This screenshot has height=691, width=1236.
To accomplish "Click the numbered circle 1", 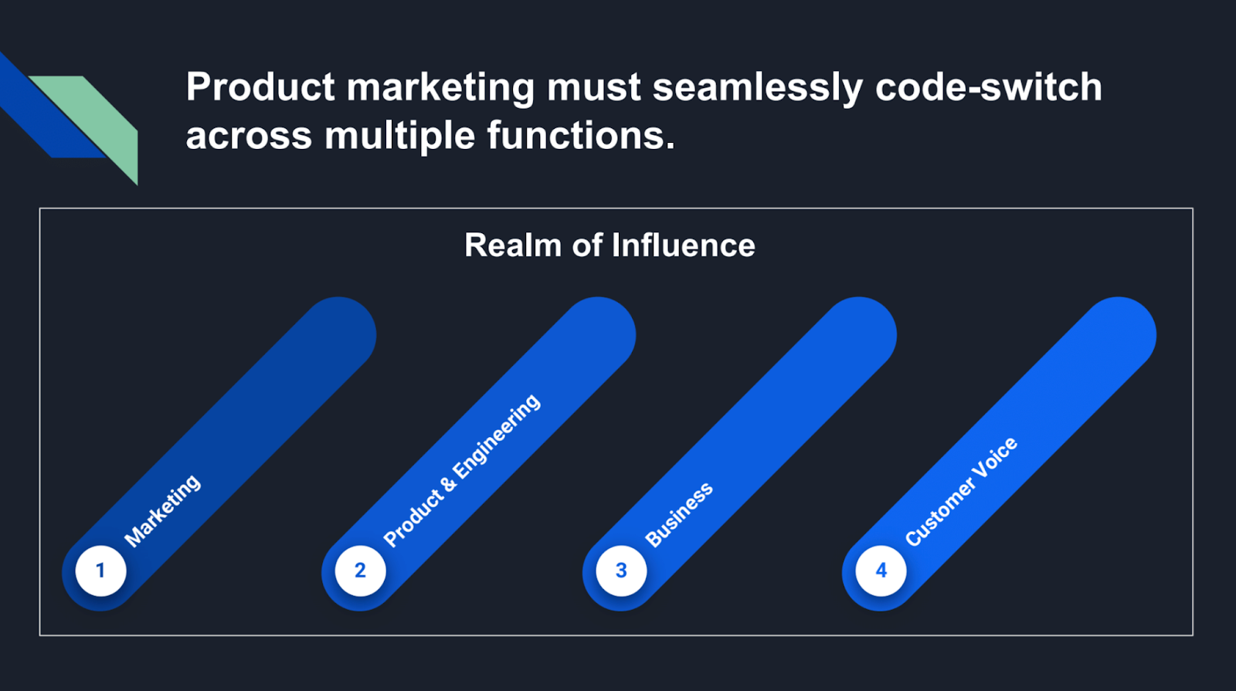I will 100,571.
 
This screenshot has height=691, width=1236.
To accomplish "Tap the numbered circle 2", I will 360,571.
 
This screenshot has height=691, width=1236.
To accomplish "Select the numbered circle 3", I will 621,571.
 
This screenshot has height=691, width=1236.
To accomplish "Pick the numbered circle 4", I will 881,571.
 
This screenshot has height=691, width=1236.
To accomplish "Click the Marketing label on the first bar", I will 162,510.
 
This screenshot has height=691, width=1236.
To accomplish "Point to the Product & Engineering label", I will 462,470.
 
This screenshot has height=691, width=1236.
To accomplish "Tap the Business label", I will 679,515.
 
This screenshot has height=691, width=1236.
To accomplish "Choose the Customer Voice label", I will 961,492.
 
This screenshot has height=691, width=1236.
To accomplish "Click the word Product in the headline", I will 260,86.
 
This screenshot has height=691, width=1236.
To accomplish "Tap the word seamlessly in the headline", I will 758,88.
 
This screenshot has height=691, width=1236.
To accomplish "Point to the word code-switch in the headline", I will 988,86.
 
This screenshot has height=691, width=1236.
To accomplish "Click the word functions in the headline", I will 580,135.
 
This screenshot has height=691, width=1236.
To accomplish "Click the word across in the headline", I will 249,137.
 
